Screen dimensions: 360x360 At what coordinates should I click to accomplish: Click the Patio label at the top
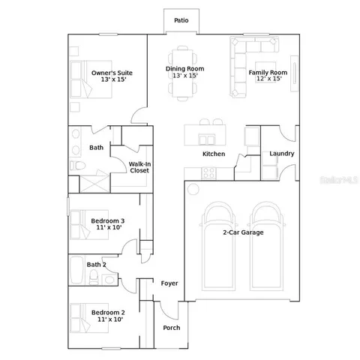[181, 20]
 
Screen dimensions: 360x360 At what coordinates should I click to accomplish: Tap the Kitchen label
[214, 154]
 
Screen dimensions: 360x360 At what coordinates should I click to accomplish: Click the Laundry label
[281, 154]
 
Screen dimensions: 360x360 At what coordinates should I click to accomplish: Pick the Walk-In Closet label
[139, 166]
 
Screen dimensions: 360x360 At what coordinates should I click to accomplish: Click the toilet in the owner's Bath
[78, 166]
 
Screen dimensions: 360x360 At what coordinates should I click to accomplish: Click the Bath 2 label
[96, 264]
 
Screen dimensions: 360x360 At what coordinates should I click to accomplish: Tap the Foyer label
[169, 283]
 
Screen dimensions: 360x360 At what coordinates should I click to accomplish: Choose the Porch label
[172, 328]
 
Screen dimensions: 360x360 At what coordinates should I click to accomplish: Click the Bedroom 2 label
[107, 315]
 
